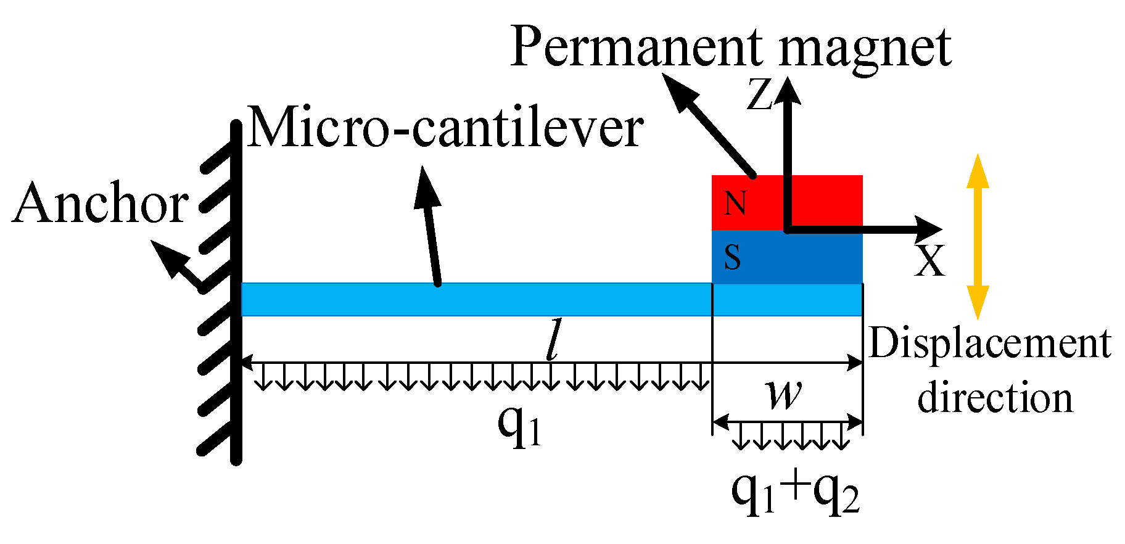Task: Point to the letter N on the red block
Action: (735, 203)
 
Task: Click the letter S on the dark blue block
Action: (732, 257)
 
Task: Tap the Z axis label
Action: (759, 96)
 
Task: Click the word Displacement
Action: (989, 344)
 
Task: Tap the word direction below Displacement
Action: (994, 398)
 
